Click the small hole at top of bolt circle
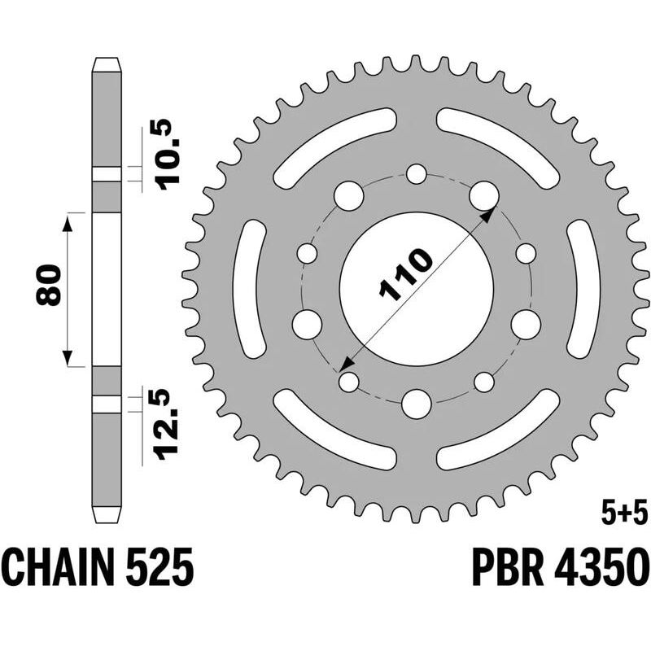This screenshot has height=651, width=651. pyautogui.click(x=417, y=174)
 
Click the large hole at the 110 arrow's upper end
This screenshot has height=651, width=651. pyautogui.click(x=483, y=196)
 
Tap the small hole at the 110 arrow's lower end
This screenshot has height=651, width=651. pyautogui.click(x=349, y=381)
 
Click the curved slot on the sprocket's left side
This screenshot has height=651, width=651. pyautogui.click(x=249, y=289)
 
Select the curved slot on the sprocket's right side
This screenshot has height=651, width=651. pyautogui.click(x=583, y=289)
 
